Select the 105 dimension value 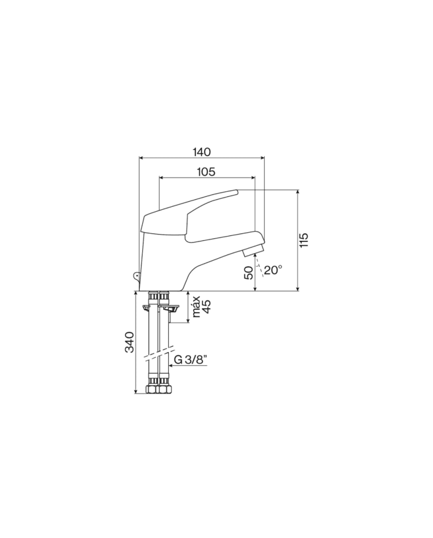206,171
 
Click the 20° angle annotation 273,270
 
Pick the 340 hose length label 129,342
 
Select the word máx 197,306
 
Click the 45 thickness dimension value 207,306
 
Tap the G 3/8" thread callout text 191,360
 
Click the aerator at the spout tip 253,251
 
